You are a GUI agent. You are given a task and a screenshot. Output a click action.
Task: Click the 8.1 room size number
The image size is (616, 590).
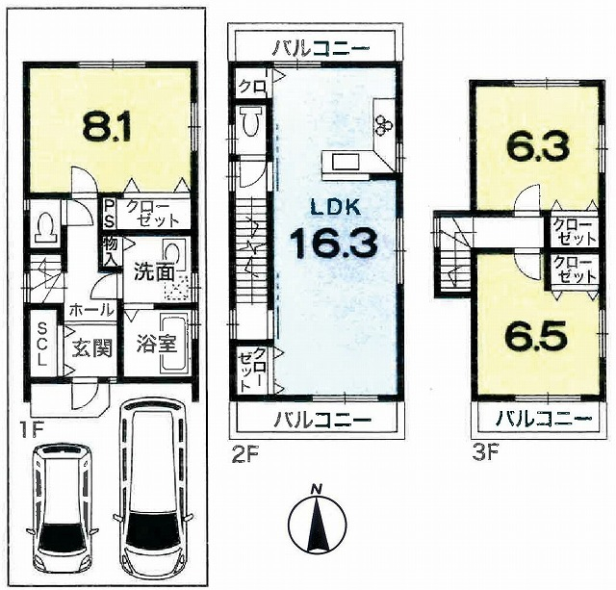click(107, 126)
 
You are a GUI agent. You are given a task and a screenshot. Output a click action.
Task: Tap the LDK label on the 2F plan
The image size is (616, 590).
click(336, 207)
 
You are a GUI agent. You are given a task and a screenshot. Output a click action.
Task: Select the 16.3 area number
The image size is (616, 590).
click(334, 244)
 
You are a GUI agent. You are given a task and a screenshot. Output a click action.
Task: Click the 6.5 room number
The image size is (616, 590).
click(537, 336)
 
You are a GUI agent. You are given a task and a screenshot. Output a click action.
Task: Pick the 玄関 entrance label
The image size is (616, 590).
click(92, 347)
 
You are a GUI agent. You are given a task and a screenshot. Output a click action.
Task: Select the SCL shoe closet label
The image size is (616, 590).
click(42, 344)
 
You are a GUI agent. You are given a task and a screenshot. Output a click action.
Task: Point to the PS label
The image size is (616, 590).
click(110, 215)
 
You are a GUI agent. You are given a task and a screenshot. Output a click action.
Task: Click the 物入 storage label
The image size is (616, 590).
click(110, 252)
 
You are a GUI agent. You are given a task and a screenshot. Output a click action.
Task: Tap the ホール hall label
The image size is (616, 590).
click(91, 311)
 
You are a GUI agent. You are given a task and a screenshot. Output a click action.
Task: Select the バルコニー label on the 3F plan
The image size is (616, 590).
click(543, 420)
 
